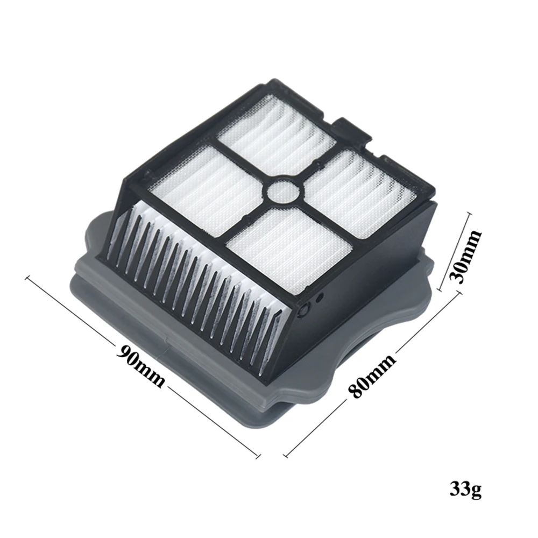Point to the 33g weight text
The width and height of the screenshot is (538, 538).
465,490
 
